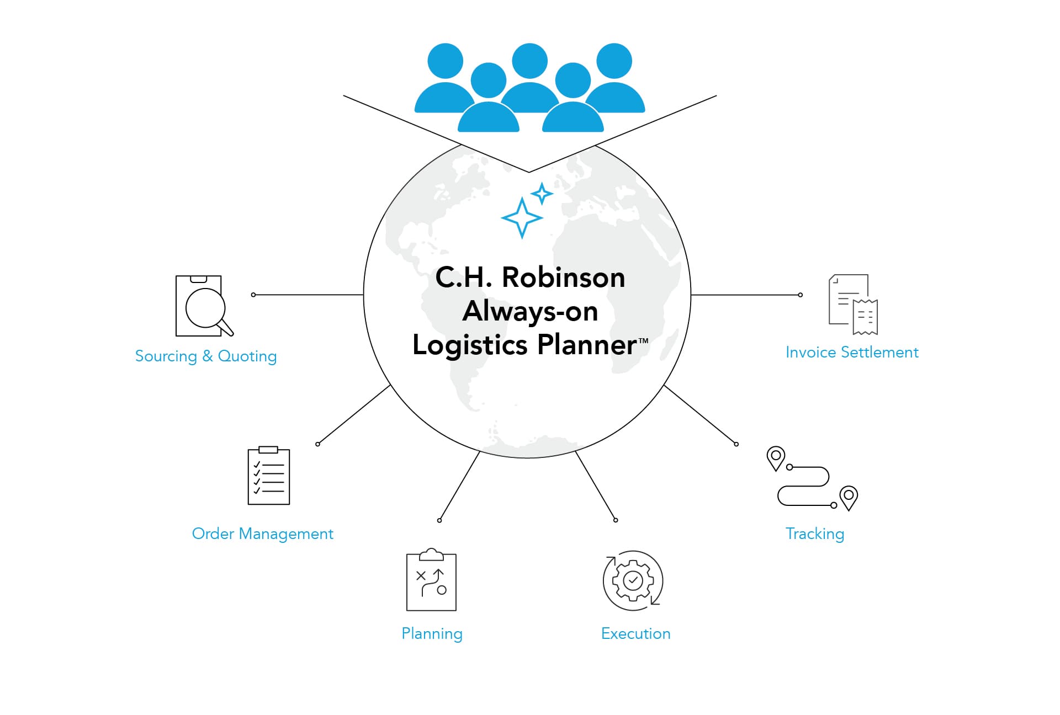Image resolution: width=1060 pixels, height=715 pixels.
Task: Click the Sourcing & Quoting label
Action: click(206, 356)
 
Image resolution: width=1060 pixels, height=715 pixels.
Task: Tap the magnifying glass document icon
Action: click(203, 306)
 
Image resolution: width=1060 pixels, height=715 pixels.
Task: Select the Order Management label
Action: click(262, 534)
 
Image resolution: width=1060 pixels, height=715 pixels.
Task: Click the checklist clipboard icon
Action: click(269, 476)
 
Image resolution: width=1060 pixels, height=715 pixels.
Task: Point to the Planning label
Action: click(432, 634)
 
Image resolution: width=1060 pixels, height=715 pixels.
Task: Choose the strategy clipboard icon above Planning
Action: click(431, 580)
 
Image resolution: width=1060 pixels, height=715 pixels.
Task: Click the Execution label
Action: click(635, 634)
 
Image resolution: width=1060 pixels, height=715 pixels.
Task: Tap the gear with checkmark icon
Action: click(633, 580)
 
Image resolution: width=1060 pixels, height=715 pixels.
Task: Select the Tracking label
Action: click(815, 534)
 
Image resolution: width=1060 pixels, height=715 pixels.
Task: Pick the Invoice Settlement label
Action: click(852, 353)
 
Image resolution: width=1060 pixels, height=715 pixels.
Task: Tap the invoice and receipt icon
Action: click(853, 305)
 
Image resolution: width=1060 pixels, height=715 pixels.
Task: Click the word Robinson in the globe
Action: click(563, 278)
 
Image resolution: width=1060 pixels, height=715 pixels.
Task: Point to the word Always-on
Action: click(530, 312)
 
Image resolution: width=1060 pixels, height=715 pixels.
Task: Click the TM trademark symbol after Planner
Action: click(643, 341)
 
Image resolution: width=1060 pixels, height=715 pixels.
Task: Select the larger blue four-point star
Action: click(522, 218)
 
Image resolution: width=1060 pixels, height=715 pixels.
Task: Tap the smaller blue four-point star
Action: click(542, 194)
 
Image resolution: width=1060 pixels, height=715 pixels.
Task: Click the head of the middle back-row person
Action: click(530, 61)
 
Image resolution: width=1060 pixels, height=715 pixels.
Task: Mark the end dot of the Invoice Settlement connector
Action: click(800, 295)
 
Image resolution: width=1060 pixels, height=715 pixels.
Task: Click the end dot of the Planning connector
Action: click(439, 520)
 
